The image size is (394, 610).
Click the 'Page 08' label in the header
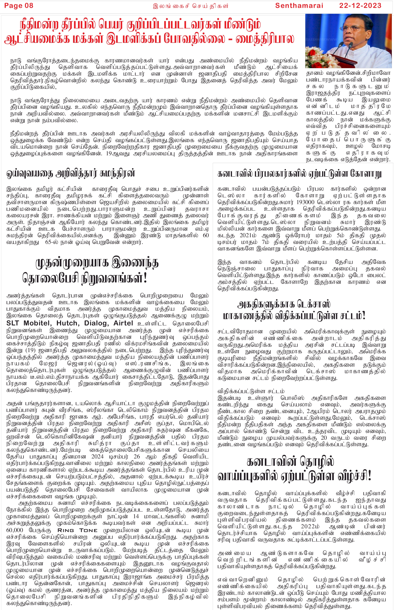tap(19, 6)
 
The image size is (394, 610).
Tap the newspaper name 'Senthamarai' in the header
tap(299, 6)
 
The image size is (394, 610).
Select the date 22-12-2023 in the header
tap(360, 6)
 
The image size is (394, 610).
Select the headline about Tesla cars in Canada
tap(299, 174)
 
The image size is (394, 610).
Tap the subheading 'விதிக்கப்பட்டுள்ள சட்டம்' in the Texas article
tap(251, 391)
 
